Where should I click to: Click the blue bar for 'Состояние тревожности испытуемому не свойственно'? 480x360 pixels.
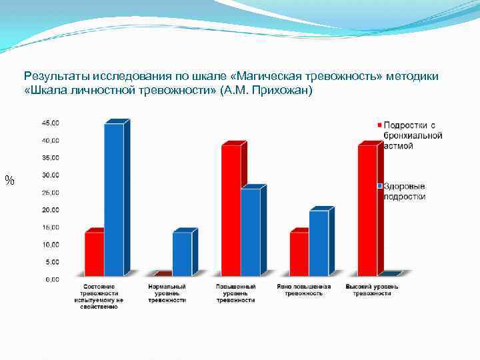114,199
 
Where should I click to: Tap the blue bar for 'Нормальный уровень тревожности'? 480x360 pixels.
182,253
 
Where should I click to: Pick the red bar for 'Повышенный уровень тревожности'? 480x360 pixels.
231,210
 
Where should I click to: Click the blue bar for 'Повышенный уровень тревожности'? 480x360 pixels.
251,232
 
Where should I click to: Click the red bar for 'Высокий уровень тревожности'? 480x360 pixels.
367,210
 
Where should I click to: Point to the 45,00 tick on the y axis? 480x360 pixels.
51,123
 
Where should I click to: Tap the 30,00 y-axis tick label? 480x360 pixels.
51,175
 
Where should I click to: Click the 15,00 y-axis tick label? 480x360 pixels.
51,227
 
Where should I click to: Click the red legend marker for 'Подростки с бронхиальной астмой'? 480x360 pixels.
380,125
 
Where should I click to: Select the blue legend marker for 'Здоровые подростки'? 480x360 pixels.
380,186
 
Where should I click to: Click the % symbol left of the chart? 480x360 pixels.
9,180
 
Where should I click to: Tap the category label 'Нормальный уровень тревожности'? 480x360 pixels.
167,293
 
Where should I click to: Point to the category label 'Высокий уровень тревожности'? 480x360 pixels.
372,290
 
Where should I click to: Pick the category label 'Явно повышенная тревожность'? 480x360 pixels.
303,290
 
